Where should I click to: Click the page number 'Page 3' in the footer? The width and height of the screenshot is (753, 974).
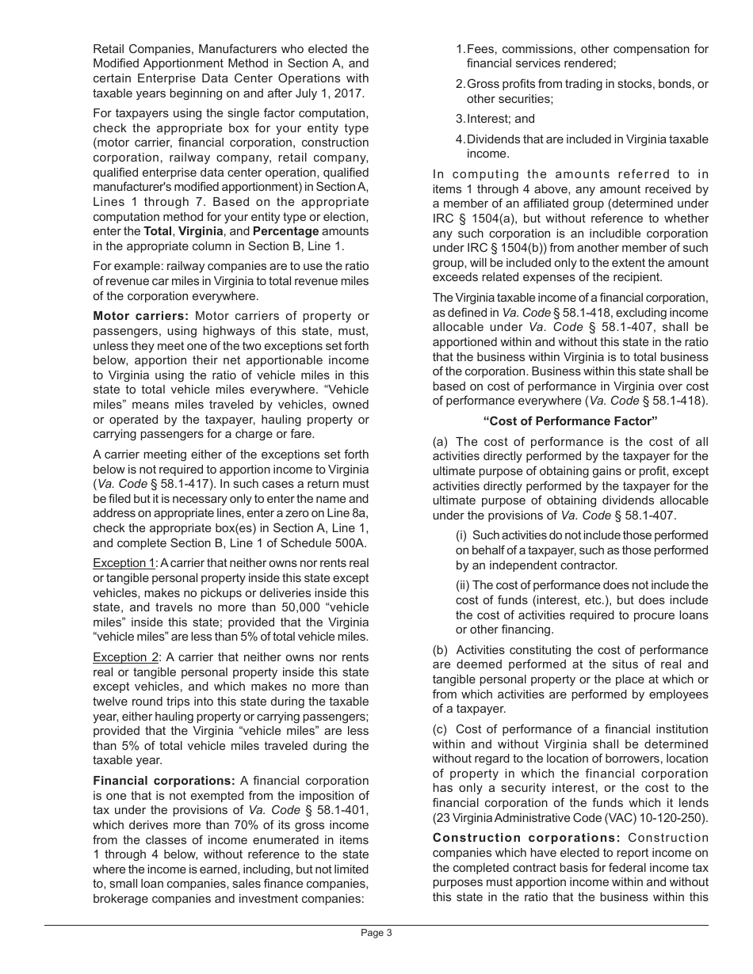click(x=376, y=933)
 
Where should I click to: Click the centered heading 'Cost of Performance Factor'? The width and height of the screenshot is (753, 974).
click(x=571, y=420)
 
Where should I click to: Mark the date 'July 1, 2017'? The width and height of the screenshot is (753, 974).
click(x=334, y=93)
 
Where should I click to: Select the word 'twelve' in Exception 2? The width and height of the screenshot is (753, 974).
click(x=112, y=701)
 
